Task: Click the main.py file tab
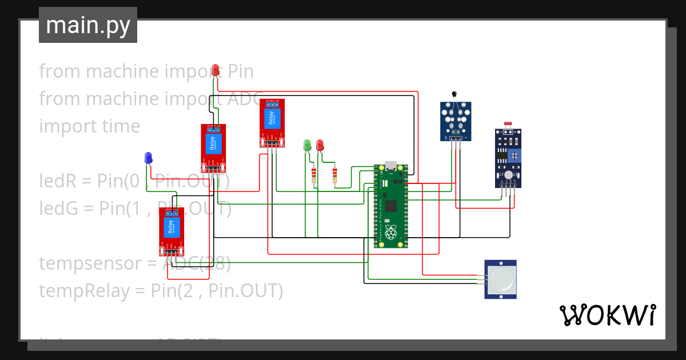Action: pos(87,25)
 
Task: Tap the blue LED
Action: pos(149,158)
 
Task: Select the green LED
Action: pos(307,145)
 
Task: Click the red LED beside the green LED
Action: pos(320,145)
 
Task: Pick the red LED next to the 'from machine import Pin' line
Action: pos(216,70)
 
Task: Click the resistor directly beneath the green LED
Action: pos(313,174)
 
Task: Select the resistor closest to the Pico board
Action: pos(334,174)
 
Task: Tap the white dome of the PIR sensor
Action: pos(501,279)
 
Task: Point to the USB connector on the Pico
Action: pos(391,166)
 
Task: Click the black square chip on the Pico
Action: pos(391,206)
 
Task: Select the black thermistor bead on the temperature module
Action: pos(454,95)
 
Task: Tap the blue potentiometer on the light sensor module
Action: pos(514,155)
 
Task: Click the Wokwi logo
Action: pos(607,315)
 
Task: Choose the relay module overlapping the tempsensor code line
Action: pos(171,231)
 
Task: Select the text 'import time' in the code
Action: pos(89,126)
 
